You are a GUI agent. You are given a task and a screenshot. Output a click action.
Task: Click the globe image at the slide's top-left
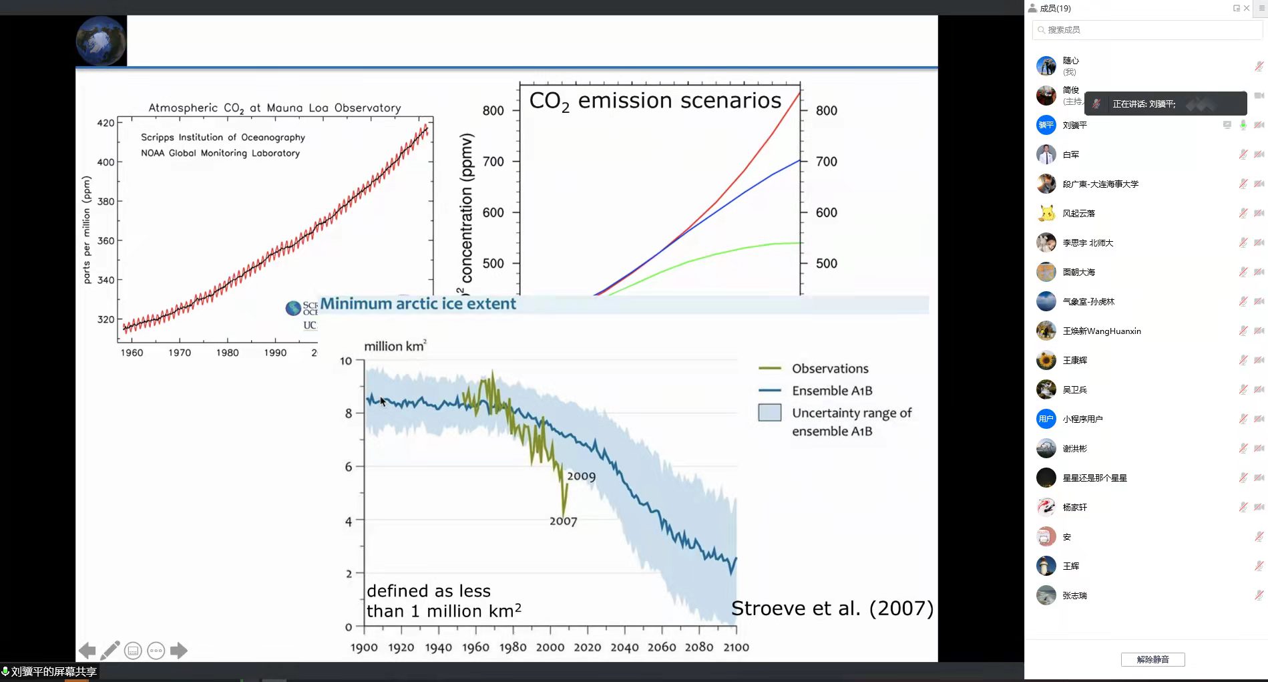(x=101, y=41)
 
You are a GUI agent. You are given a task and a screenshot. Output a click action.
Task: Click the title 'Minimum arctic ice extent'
(x=418, y=304)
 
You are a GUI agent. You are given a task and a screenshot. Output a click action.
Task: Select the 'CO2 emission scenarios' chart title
(x=655, y=101)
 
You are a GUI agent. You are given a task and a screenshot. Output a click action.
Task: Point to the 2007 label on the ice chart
(x=563, y=521)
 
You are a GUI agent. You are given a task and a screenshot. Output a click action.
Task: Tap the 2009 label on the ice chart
(x=581, y=476)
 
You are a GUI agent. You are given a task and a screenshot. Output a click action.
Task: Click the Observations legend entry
(x=830, y=369)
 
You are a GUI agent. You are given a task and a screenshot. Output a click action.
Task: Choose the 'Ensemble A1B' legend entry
(x=832, y=391)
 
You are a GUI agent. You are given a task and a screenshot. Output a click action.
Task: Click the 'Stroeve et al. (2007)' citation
(x=832, y=609)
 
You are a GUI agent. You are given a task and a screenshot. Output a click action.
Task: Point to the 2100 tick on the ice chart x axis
(x=736, y=647)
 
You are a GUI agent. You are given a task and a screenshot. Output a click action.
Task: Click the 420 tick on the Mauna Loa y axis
(x=105, y=123)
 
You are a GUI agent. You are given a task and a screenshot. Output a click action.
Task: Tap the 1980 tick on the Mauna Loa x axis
(x=227, y=353)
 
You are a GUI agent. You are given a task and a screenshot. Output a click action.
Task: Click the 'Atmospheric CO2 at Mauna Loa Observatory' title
(x=274, y=108)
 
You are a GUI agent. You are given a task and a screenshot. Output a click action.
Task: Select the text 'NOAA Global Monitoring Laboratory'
(x=220, y=153)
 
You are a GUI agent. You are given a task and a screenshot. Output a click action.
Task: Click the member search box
(x=1147, y=30)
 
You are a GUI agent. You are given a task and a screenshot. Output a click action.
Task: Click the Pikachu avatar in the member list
(x=1046, y=213)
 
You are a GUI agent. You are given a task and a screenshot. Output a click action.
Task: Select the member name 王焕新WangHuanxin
(x=1102, y=331)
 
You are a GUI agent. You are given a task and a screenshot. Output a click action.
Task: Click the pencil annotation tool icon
(x=110, y=650)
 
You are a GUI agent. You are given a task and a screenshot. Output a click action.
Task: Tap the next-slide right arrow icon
(x=179, y=650)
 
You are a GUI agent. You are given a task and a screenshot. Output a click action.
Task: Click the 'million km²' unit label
(x=395, y=346)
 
